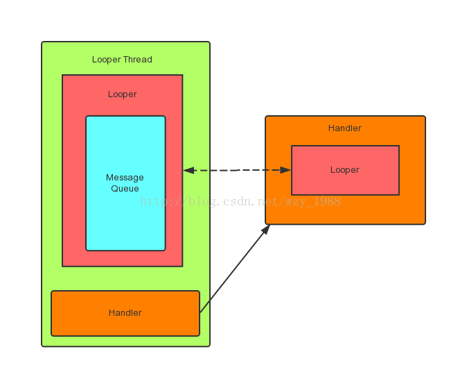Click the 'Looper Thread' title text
[x=122, y=60]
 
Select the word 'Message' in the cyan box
[x=125, y=178]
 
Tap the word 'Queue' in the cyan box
[x=125, y=189]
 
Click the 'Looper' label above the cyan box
[x=122, y=94]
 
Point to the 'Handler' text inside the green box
[x=125, y=313]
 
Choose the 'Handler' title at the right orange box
[x=344, y=128]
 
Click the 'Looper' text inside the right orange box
[x=344, y=170]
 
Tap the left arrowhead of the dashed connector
[x=188, y=170]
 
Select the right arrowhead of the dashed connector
[x=285, y=170]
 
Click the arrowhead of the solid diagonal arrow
[x=266, y=230]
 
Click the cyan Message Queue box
[x=125, y=222]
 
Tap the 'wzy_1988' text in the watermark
[x=315, y=202]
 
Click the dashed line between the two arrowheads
[x=236, y=170]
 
